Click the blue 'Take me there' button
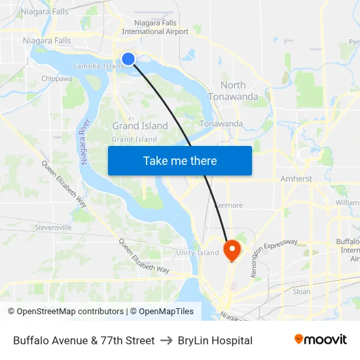[x=179, y=160]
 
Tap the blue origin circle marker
[x=128, y=59]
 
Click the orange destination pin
[x=232, y=250]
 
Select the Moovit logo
[x=320, y=340]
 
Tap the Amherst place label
[x=296, y=179]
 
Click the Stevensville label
[x=53, y=227]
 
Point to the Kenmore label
[x=228, y=205]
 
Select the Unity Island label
[x=198, y=253]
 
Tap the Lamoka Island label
[x=98, y=66]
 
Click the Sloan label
[x=302, y=291]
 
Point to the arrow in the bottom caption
[x=166, y=340]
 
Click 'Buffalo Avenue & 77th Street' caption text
[x=84, y=340]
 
